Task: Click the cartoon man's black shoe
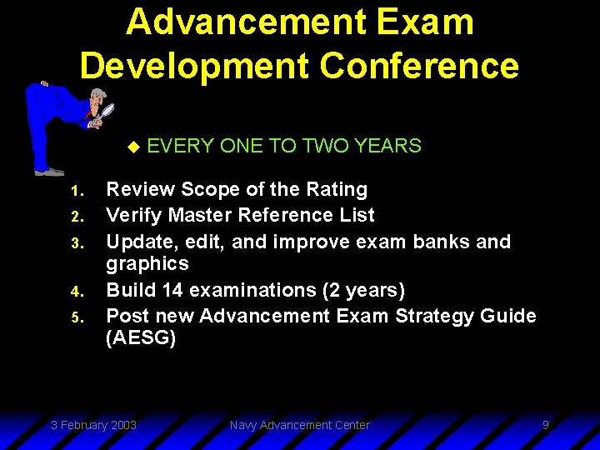50,172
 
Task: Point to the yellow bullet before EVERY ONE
132,147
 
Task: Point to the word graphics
147,263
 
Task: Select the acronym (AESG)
141,338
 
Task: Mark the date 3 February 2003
93,425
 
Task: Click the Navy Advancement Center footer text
299,425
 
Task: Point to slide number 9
545,425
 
